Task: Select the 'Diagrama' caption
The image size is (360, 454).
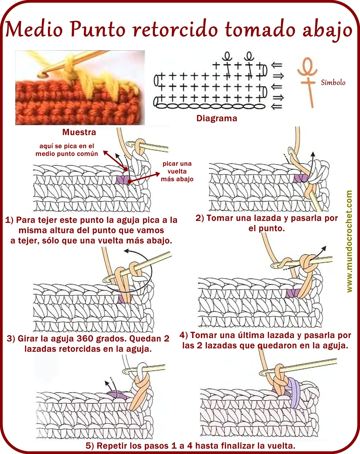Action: coord(217,118)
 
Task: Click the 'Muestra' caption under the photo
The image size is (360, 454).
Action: coord(79,132)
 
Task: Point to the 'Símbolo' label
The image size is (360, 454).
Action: coord(333,82)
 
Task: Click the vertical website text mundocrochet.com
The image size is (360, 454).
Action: coord(349,241)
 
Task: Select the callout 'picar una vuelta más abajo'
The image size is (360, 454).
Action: coord(177,171)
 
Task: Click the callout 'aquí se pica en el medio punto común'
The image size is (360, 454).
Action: coord(67,150)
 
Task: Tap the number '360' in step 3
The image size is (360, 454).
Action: coord(85,339)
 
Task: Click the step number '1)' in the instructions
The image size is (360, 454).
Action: coord(9,220)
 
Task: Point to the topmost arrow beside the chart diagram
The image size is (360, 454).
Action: coord(277,65)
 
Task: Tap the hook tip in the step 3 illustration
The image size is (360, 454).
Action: coord(106,280)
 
